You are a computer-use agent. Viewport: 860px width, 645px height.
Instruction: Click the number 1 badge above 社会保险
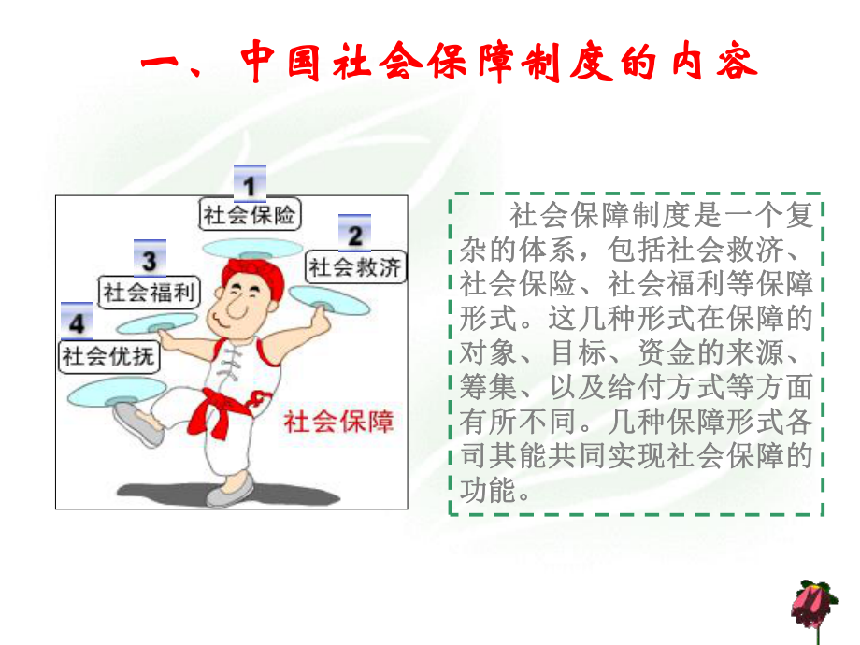coord(250,182)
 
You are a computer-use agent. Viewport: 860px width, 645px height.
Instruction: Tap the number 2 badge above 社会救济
coord(354,233)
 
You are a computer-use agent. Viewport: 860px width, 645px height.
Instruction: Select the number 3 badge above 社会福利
coord(150,257)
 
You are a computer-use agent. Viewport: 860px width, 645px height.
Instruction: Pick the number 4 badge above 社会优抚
coord(78,321)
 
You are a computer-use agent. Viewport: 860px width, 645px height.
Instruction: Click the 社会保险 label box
coord(250,214)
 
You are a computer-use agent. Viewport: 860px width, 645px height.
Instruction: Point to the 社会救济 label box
coord(356,267)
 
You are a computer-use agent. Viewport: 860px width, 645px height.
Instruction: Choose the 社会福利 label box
coord(150,292)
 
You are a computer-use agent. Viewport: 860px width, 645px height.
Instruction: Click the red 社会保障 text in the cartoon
coord(338,422)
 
